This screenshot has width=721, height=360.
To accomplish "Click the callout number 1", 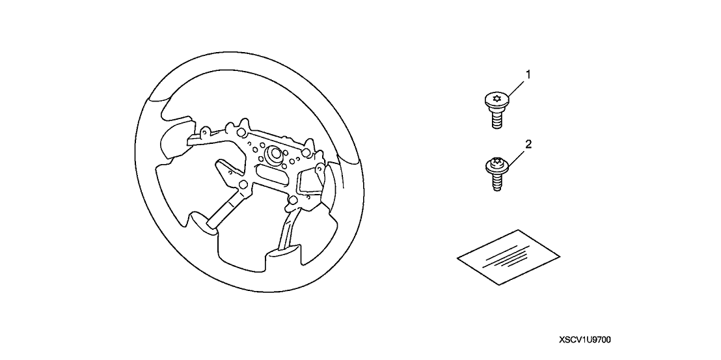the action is tap(528, 74).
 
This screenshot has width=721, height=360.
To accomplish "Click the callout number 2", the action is tap(528, 145).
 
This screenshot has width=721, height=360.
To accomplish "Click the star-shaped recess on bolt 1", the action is tap(496, 98).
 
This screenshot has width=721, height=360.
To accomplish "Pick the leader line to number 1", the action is tap(515, 89).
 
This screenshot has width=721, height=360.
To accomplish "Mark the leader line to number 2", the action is tap(515, 159).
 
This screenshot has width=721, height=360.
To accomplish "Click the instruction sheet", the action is tap(508, 258).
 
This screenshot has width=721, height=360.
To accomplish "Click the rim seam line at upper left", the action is tap(159, 100).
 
